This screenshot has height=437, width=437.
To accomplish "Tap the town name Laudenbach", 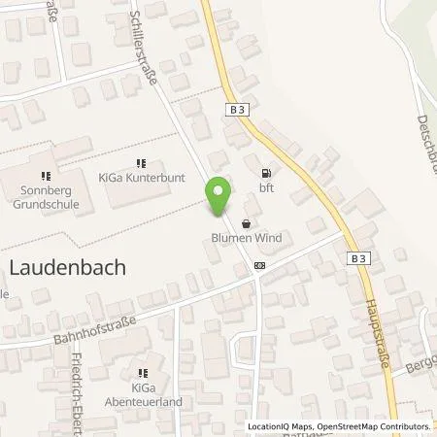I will (67, 268).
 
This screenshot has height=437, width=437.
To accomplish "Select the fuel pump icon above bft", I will (264, 174).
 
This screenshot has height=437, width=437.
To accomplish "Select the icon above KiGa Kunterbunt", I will (140, 164).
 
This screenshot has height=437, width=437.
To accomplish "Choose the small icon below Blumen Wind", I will (259, 264).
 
